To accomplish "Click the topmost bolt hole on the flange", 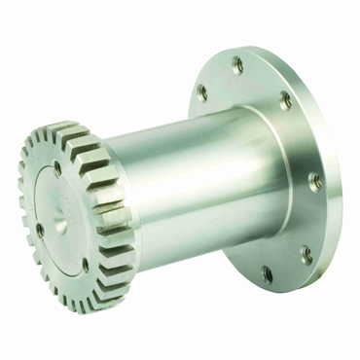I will pyautogui.click(x=237, y=65).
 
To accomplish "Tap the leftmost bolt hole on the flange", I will pyautogui.click(x=202, y=92).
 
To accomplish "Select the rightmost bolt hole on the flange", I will pyautogui.click(x=314, y=180).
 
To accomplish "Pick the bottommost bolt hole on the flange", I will pyautogui.click(x=267, y=274).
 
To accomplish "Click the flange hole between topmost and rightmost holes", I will pyautogui.click(x=285, y=99).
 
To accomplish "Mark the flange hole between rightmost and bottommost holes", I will pyautogui.click(x=306, y=255).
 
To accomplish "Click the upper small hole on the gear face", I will pyautogui.click(x=57, y=167).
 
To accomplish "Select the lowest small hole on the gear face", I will pyautogui.click(x=85, y=264).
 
